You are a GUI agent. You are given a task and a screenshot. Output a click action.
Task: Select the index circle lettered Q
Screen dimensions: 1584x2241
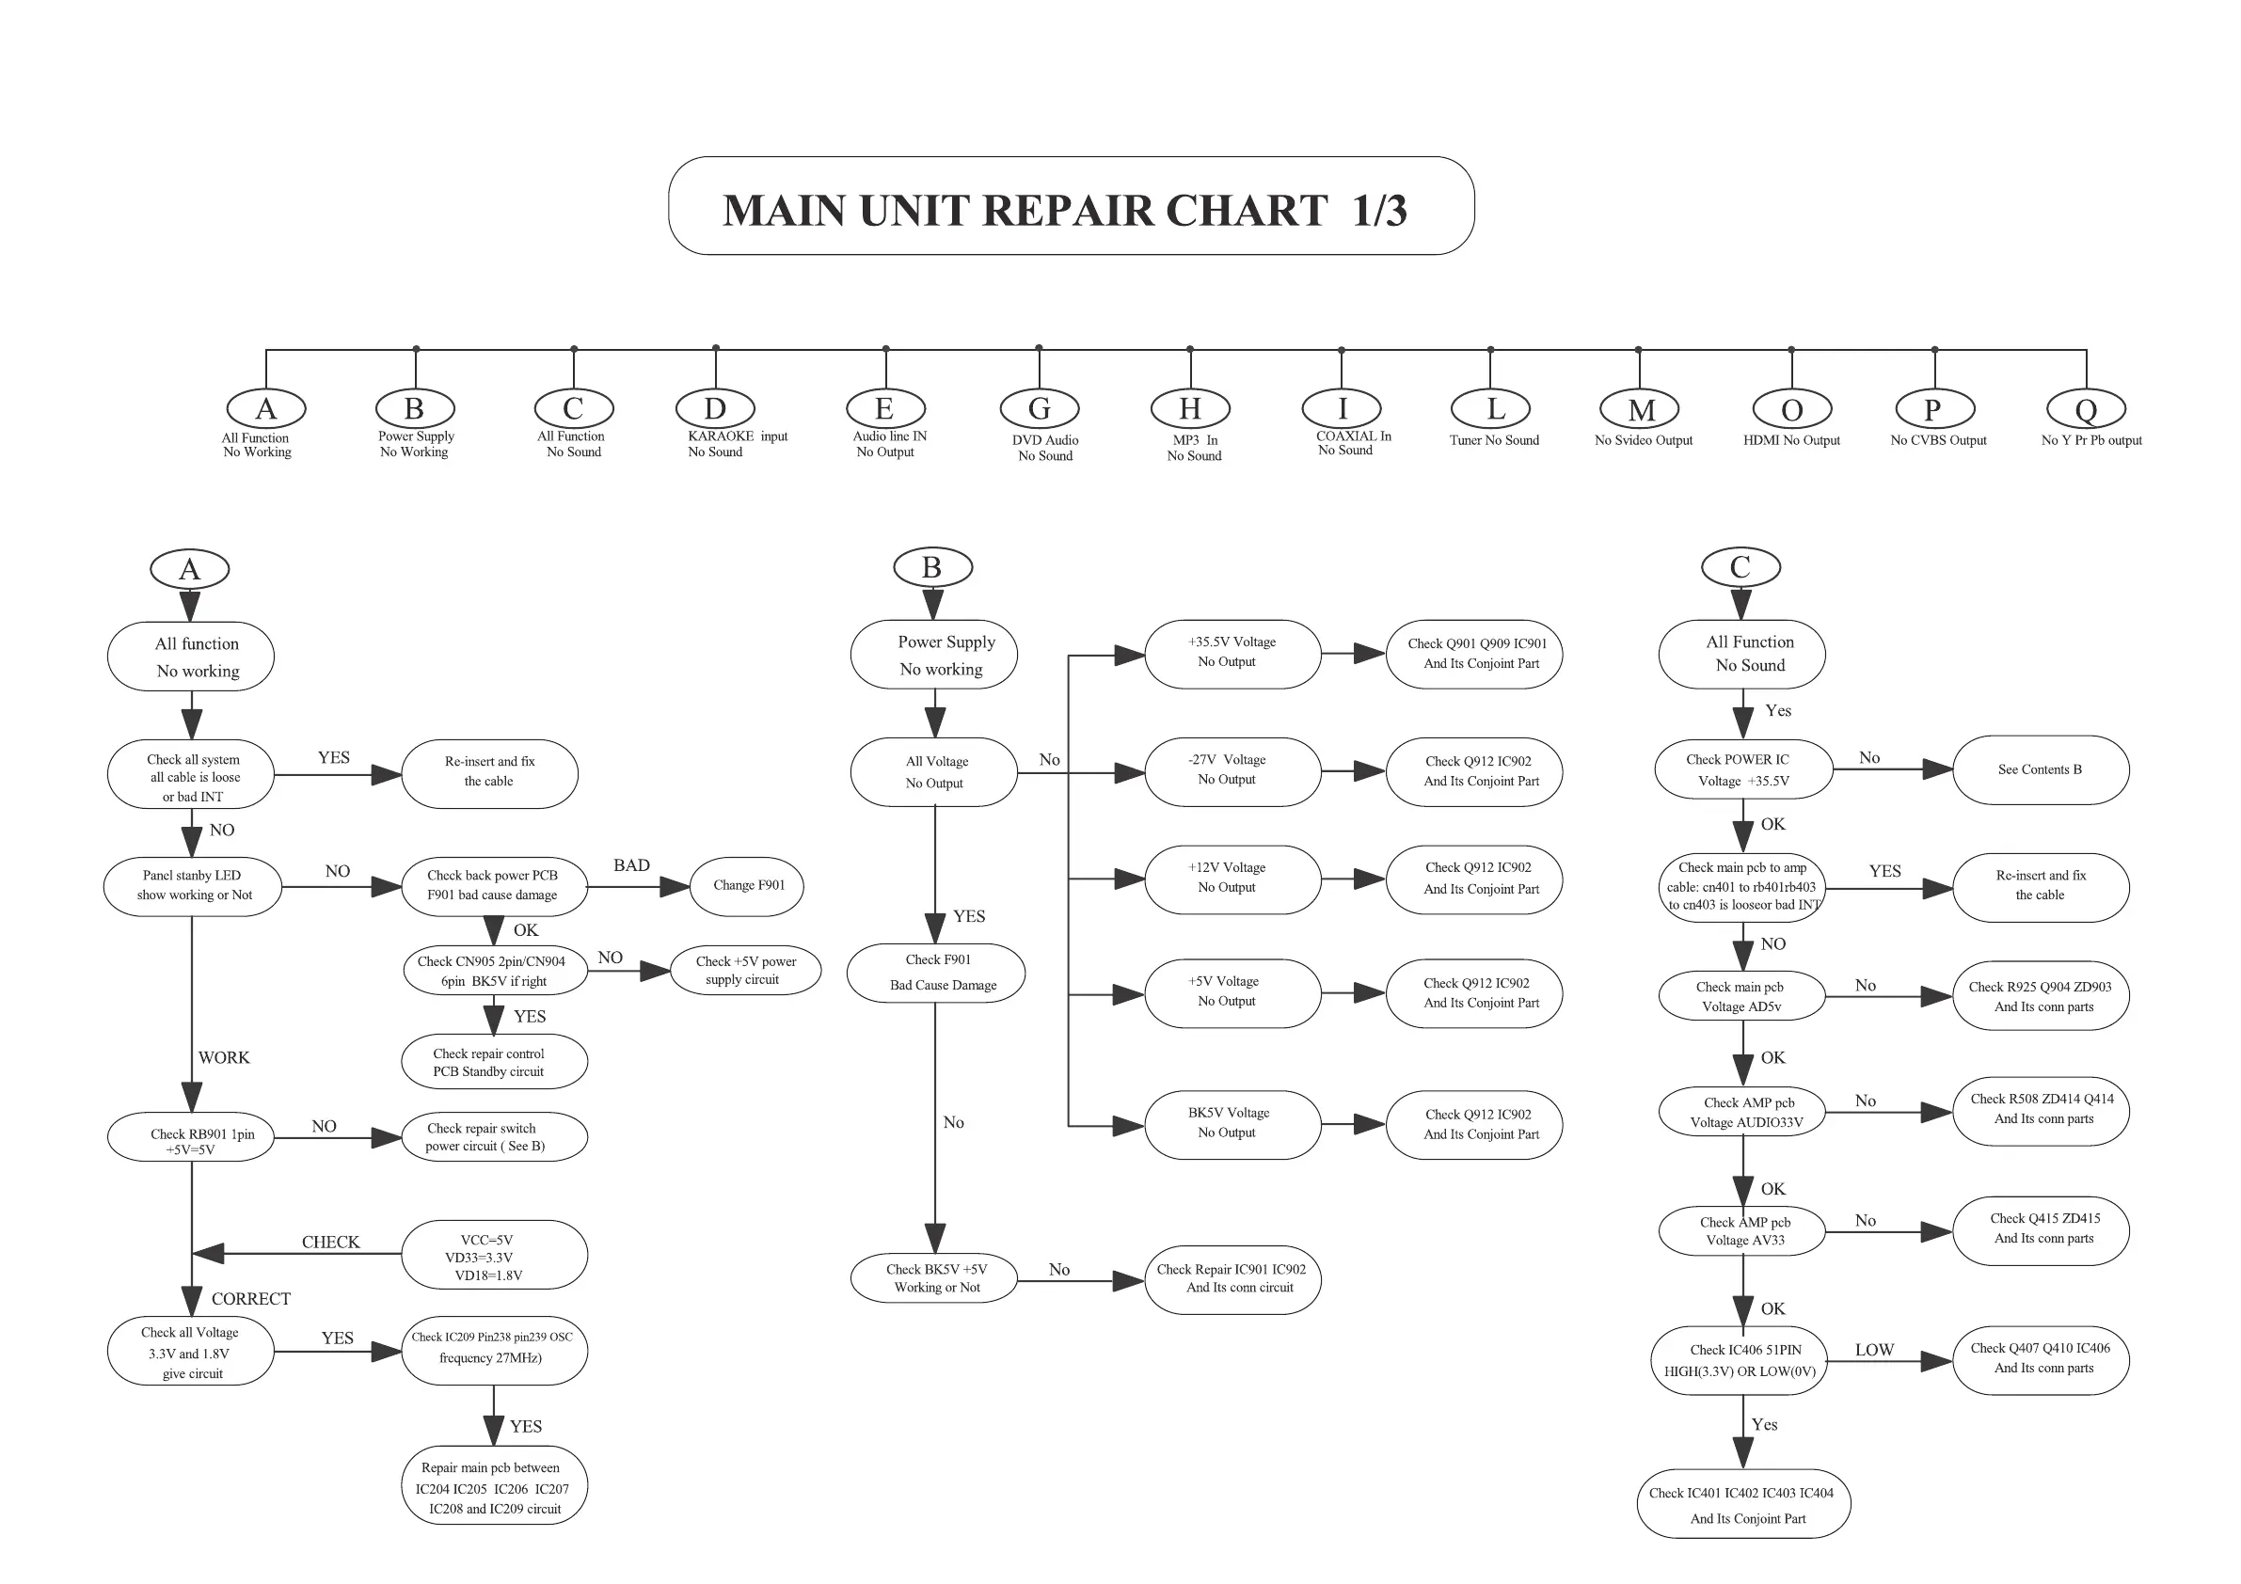tap(2086, 410)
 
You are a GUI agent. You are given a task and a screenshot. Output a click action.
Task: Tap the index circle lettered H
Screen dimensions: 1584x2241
tap(1190, 409)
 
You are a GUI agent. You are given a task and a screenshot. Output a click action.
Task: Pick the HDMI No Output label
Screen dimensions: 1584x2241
tap(1791, 441)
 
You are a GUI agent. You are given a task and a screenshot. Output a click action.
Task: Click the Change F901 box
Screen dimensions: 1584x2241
tap(747, 886)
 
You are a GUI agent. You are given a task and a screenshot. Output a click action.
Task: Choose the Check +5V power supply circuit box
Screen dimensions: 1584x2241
tap(745, 970)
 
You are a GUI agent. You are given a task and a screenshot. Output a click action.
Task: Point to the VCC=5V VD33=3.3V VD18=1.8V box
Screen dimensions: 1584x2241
tap(494, 1255)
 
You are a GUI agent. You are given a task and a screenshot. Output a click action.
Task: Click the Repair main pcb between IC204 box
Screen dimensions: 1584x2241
tap(494, 1487)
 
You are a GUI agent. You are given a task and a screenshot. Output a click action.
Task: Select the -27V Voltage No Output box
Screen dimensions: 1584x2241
tap(1232, 771)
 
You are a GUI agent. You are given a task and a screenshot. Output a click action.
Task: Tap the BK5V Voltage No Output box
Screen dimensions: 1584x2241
tap(1232, 1124)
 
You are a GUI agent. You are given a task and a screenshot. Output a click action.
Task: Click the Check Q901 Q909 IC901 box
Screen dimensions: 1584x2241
tap(1474, 654)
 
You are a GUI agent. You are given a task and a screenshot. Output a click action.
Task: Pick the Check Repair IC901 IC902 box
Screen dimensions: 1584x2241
tap(1232, 1279)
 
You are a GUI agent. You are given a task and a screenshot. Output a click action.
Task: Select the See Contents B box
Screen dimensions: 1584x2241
tap(2040, 770)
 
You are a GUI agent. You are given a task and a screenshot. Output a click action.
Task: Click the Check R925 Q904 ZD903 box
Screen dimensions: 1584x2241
tap(2040, 996)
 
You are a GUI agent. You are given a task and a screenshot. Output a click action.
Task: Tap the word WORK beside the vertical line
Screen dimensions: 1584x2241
tap(224, 1058)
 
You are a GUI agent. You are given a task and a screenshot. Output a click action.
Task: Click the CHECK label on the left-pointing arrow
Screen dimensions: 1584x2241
tap(330, 1243)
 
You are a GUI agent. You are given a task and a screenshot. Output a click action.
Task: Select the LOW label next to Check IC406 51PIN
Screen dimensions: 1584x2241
tap(1874, 1351)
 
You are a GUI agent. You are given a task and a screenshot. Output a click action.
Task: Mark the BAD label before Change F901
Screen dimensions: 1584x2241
tap(631, 865)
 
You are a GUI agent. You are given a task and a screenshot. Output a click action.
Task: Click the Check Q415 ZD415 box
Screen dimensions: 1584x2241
tap(2040, 1229)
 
